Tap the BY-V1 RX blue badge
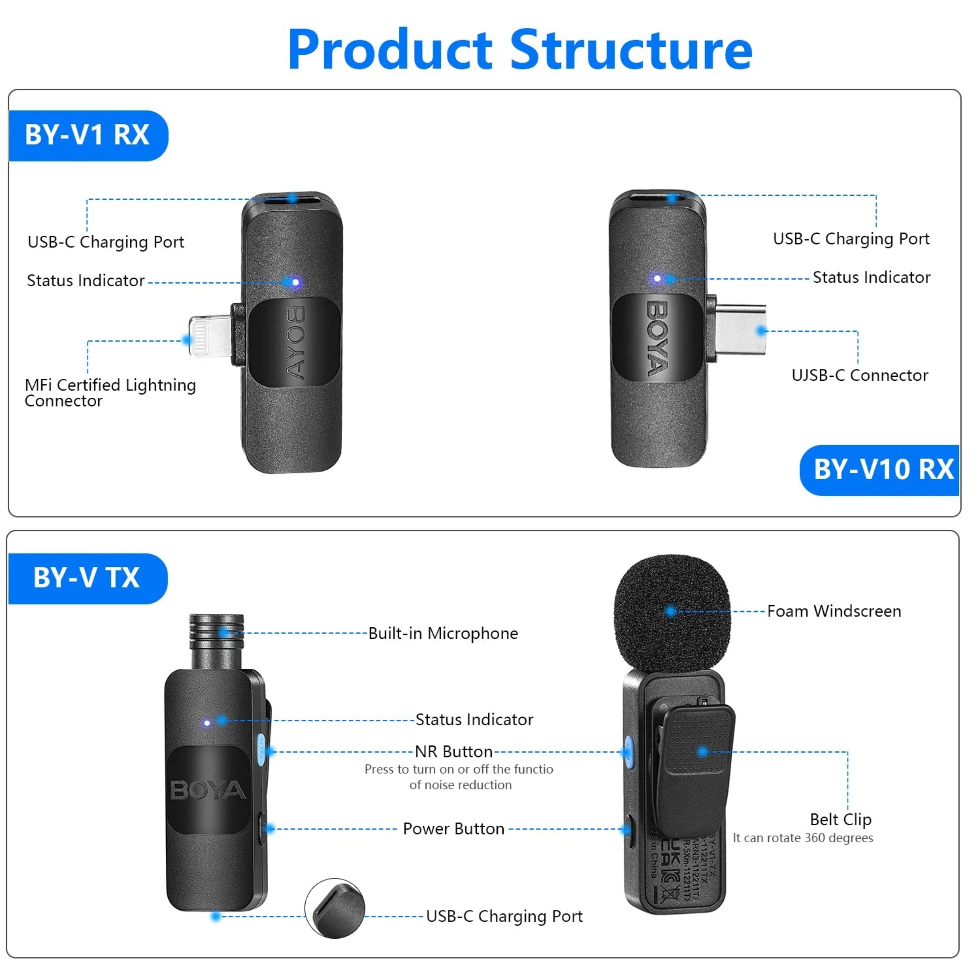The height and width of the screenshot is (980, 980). click(87, 135)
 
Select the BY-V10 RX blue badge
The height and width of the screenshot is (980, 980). click(882, 469)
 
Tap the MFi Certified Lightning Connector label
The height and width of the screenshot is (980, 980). click(110, 392)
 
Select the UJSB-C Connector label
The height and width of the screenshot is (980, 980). click(860, 375)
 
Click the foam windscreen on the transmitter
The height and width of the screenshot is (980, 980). click(672, 611)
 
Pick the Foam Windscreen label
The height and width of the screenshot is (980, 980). click(834, 611)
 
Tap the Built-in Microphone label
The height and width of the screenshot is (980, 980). click(443, 634)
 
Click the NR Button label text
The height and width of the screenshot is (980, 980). click(453, 751)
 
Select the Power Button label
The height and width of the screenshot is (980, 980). click(453, 829)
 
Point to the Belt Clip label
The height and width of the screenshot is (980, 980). click(840, 820)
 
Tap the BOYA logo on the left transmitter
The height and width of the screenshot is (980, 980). click(208, 790)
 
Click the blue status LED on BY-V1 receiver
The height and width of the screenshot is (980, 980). click(295, 282)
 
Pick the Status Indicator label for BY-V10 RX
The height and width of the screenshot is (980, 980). click(871, 277)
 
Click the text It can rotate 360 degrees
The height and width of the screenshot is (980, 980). click(803, 838)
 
